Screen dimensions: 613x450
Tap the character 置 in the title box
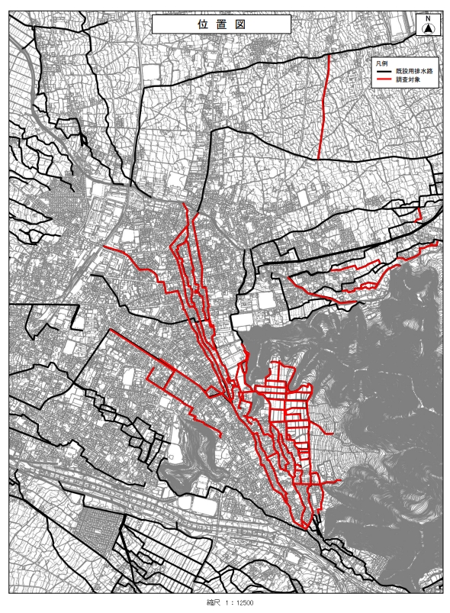[221, 24]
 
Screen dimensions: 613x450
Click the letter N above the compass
[428, 18]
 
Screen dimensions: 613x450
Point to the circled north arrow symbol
[428, 29]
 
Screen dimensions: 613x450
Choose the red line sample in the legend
[382, 79]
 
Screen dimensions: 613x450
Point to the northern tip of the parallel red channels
[186, 207]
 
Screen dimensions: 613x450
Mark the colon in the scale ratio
[231, 602]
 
